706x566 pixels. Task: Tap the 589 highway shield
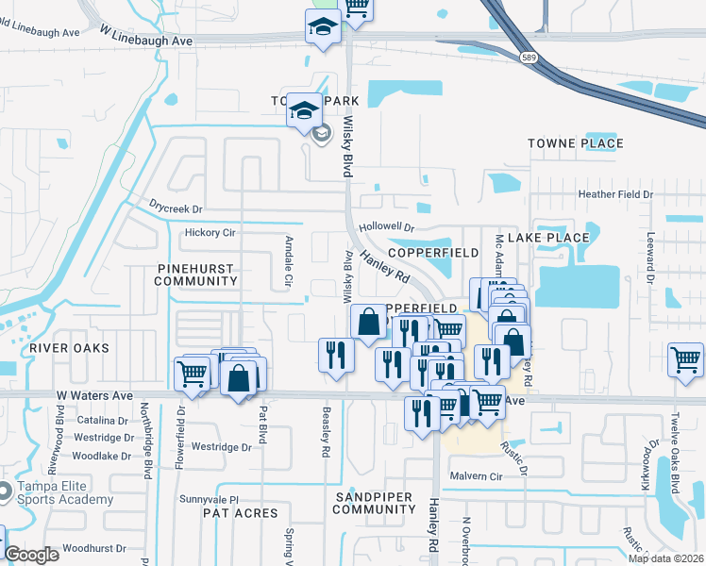point(527,58)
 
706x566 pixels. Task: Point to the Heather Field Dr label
point(615,194)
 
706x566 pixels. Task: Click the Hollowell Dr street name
point(387,227)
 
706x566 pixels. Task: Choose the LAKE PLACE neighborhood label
point(555,238)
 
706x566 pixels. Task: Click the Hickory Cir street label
point(210,232)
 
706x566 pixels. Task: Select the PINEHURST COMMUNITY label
point(195,275)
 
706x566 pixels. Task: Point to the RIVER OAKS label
point(69,348)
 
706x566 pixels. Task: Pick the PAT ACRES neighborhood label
point(240,513)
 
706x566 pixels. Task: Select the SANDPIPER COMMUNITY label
point(374,502)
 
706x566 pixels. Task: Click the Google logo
point(32,555)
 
